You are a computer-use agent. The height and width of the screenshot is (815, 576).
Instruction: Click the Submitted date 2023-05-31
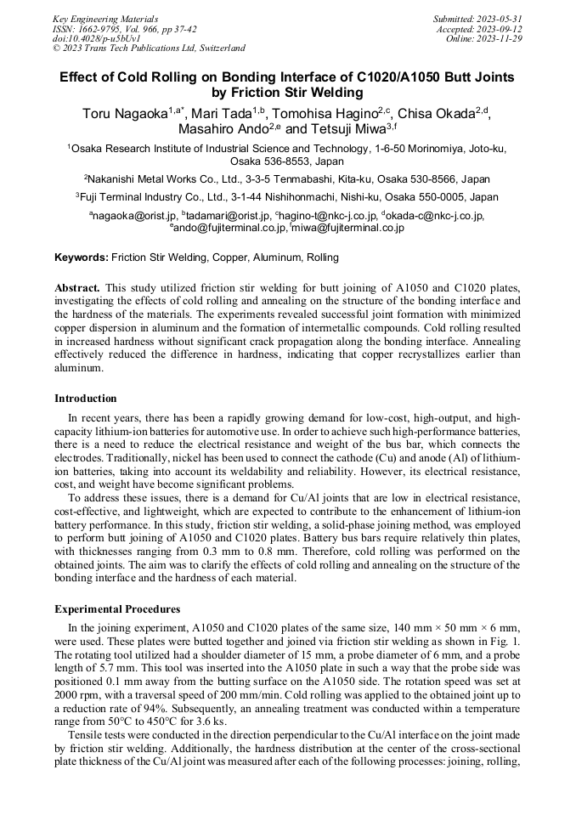tap(477, 18)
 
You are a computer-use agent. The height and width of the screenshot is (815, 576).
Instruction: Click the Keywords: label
tap(82, 258)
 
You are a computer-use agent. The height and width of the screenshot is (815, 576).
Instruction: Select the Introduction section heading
tap(86, 399)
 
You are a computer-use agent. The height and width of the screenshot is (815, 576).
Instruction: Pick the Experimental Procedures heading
tap(117, 609)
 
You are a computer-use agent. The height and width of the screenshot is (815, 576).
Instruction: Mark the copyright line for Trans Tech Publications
tap(149, 48)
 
